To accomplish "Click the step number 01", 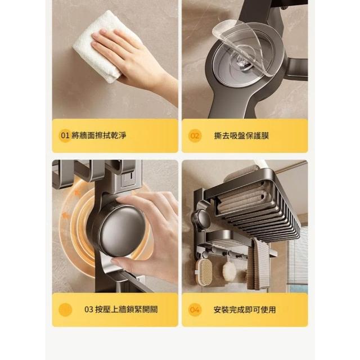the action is (65, 136).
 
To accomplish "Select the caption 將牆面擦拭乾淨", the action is (99, 136).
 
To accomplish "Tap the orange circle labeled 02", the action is (195, 136).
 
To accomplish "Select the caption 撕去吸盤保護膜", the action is (241, 136).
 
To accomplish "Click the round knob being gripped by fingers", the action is (119, 229).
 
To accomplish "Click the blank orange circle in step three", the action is (65, 310).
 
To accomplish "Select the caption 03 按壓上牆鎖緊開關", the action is (121, 309).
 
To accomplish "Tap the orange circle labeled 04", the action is (195, 310).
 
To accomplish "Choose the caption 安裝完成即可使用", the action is (245, 310).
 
